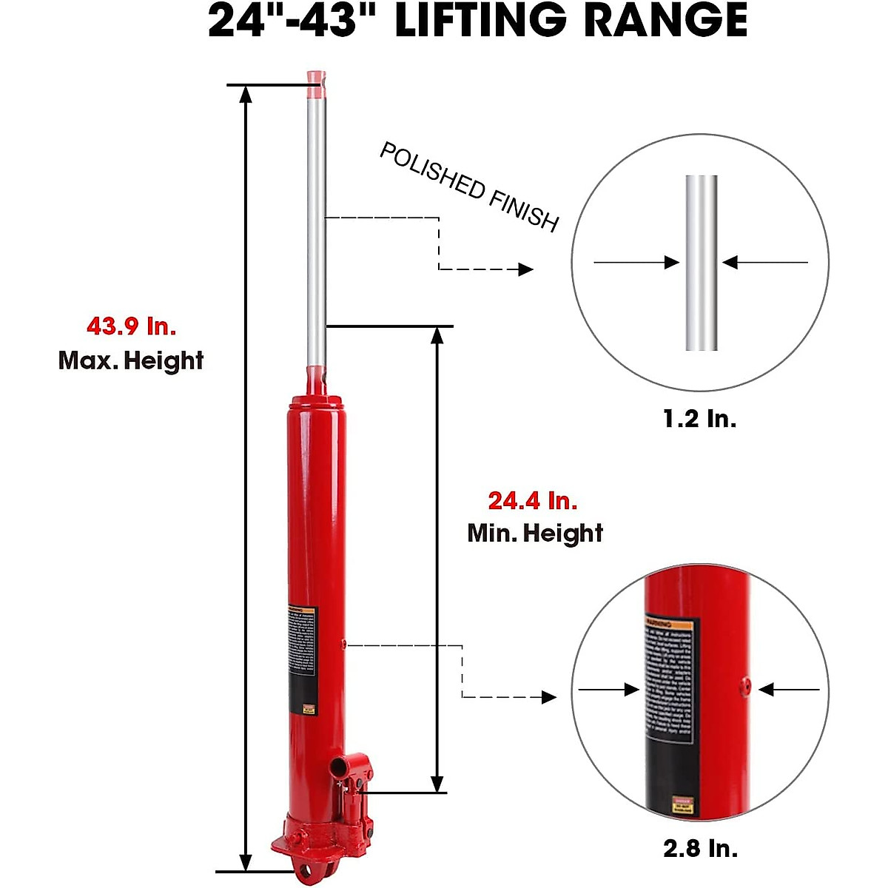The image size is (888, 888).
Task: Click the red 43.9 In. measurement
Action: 131,326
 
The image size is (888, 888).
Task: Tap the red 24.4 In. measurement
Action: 532,501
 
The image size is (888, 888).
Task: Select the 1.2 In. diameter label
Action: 699,419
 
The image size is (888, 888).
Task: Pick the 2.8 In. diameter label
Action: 700,847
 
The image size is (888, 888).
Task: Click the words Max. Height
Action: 131,360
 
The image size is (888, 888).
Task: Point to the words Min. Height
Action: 535,533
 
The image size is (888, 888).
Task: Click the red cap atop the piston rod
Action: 316,84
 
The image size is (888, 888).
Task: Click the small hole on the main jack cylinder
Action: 344,645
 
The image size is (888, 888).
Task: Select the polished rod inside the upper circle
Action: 701,263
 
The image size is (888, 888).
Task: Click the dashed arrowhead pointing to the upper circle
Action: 526,269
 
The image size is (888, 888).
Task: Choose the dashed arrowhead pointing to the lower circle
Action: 549,697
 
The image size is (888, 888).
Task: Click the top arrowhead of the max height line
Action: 246,92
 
